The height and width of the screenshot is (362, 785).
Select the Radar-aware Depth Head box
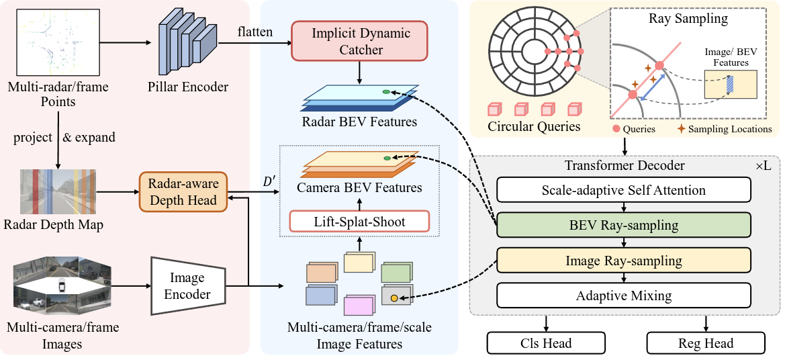(x=183, y=191)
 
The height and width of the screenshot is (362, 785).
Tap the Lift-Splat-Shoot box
(x=360, y=220)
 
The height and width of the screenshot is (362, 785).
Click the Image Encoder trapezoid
(x=187, y=285)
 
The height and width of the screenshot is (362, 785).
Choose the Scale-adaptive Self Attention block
(x=623, y=190)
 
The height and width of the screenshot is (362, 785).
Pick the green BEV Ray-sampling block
(x=623, y=225)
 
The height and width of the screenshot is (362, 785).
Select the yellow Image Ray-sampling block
(x=623, y=261)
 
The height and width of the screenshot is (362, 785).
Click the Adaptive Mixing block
(x=623, y=296)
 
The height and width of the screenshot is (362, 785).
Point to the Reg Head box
(x=705, y=343)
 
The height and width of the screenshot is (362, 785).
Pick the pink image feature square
(x=358, y=306)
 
